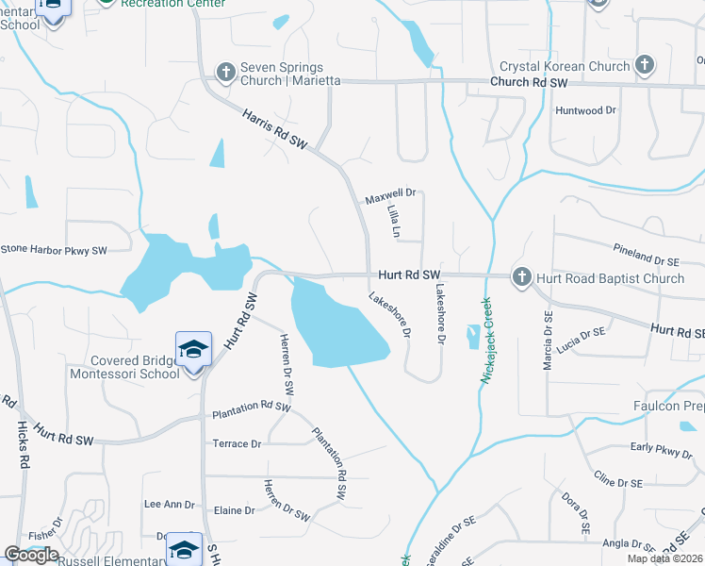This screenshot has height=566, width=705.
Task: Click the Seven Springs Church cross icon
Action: (x=225, y=73)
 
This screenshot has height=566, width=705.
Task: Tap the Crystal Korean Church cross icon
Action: (x=645, y=66)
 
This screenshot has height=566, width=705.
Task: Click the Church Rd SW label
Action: (x=529, y=83)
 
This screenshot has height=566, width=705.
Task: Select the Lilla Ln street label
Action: (x=394, y=223)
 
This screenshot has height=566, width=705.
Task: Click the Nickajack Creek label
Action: (x=487, y=340)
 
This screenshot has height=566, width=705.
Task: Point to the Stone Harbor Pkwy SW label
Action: (x=54, y=250)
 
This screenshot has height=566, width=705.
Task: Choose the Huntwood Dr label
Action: (x=585, y=110)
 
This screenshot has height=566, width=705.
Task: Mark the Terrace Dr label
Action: (x=237, y=443)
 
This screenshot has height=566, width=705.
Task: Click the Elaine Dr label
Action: (x=236, y=510)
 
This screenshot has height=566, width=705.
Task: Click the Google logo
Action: (x=31, y=554)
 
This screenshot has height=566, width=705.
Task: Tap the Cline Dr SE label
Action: (x=616, y=482)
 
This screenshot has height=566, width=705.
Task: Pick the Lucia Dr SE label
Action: (x=580, y=341)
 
